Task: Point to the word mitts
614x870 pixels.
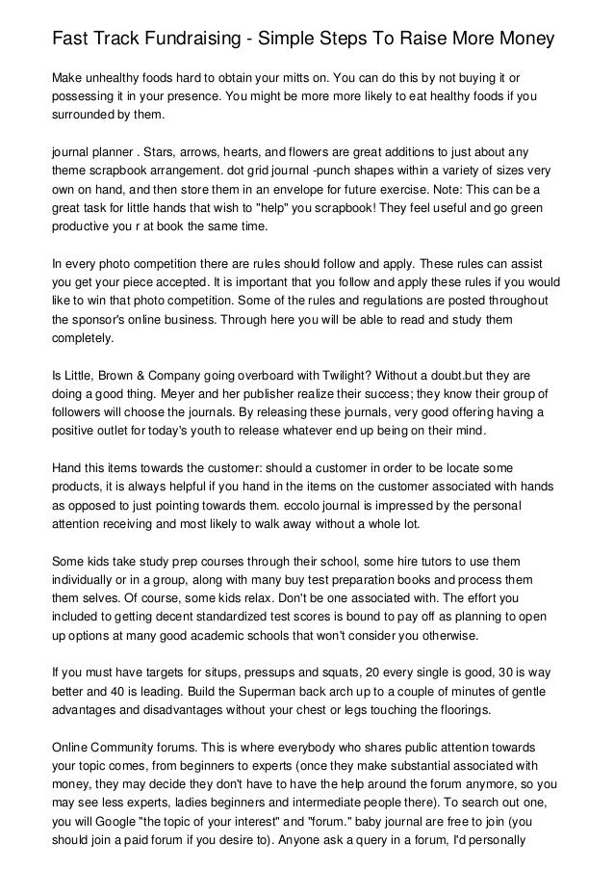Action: pyautogui.click(x=339, y=76)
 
